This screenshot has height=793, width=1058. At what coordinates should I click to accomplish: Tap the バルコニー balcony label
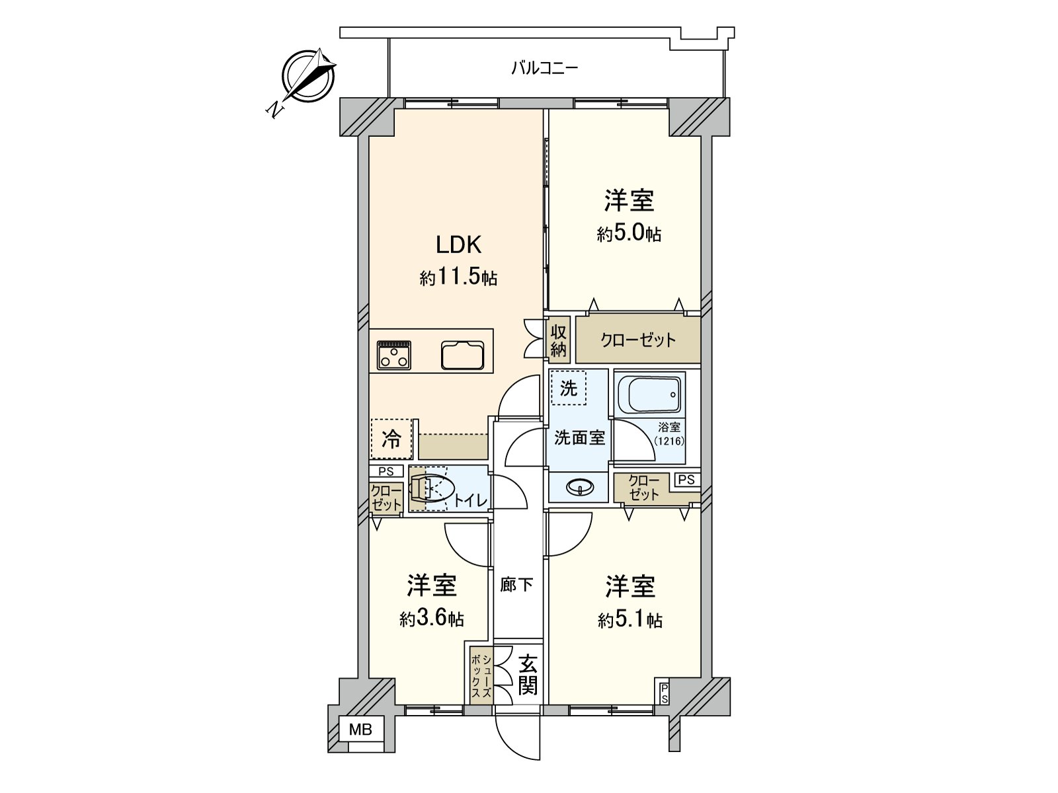coord(544,68)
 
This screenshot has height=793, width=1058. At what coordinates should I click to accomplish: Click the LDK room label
coord(458,245)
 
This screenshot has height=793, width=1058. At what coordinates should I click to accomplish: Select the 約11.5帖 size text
coord(458,278)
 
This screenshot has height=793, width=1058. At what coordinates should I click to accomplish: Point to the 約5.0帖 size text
coord(628,234)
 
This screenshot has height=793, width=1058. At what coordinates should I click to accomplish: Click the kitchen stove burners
coord(394,355)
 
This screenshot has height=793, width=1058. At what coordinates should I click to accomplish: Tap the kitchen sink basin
coord(463,356)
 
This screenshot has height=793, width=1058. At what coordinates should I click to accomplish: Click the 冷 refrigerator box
coord(391,439)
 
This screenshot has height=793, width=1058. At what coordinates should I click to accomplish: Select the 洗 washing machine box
coord(568,388)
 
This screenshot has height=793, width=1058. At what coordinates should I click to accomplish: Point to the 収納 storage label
coord(558,340)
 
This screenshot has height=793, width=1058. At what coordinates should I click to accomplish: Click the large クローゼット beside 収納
coord(637,340)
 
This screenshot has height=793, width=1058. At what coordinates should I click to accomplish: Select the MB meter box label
coord(361,730)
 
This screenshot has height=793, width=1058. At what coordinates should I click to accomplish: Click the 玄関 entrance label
coord(527,675)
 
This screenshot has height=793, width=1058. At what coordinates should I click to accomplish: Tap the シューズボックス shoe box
coord(481,677)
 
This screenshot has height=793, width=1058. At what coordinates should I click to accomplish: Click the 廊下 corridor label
coord(516,585)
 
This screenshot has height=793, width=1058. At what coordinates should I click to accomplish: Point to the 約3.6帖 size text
coord(431,619)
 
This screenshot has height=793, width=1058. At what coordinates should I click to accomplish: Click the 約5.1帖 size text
coord(630,621)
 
